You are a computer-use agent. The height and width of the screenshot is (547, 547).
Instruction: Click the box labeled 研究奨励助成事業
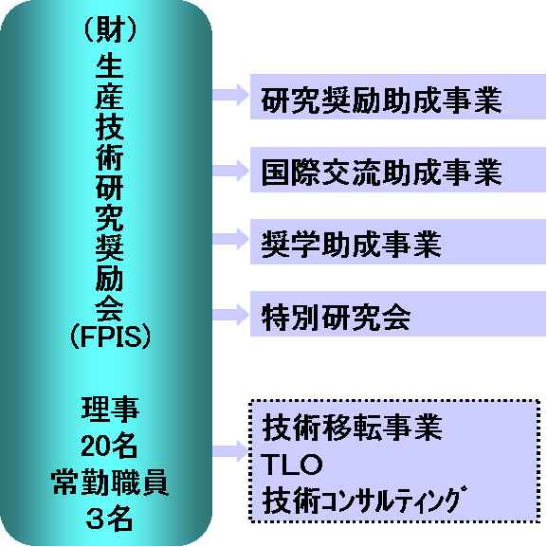point(398,97)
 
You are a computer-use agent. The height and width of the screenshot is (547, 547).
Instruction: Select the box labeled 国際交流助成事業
point(398,170)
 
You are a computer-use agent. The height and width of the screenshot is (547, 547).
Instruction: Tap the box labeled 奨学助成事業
point(398,242)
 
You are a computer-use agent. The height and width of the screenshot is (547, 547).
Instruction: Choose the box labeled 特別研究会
point(398,314)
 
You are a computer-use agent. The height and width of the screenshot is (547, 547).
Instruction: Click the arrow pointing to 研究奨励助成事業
point(231,95)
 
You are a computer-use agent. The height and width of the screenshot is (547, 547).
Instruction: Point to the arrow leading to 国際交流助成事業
point(231,171)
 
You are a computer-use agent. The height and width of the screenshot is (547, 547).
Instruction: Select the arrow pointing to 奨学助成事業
point(231,239)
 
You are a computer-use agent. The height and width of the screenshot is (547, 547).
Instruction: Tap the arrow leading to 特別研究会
point(231,315)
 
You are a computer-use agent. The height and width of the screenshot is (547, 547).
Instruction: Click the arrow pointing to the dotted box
point(230,451)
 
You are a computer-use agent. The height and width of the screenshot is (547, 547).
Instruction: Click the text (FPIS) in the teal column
point(110,337)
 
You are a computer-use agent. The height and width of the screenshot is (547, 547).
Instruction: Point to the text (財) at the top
point(110,30)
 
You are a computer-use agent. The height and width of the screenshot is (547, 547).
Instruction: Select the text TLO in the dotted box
point(291,465)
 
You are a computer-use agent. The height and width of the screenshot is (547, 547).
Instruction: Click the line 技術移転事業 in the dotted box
point(353,428)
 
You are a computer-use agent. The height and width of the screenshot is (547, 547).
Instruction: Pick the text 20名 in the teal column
point(109,446)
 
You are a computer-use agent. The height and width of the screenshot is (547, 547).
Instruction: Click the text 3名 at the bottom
point(109,518)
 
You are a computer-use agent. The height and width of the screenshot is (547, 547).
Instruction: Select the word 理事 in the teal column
point(110,409)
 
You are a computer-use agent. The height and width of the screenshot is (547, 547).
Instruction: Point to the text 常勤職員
point(110,483)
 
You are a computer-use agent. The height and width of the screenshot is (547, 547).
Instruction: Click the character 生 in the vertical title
point(110,66)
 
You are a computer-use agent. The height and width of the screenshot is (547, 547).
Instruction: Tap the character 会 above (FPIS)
point(110,309)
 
